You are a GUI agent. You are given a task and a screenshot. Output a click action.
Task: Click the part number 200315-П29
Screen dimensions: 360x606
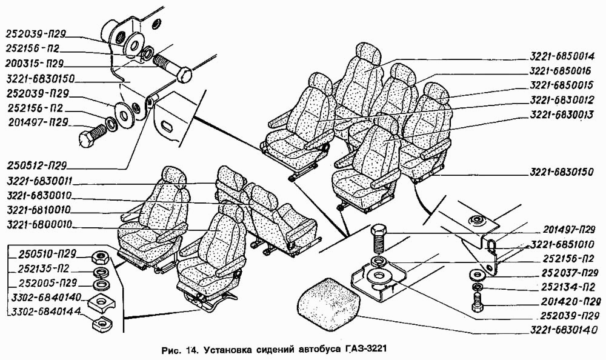[x=37, y=63]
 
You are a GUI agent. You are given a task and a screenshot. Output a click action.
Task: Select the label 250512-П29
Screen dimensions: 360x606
[x=37, y=164]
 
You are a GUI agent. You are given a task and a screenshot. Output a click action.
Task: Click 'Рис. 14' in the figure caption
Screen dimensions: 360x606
[x=180, y=350]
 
